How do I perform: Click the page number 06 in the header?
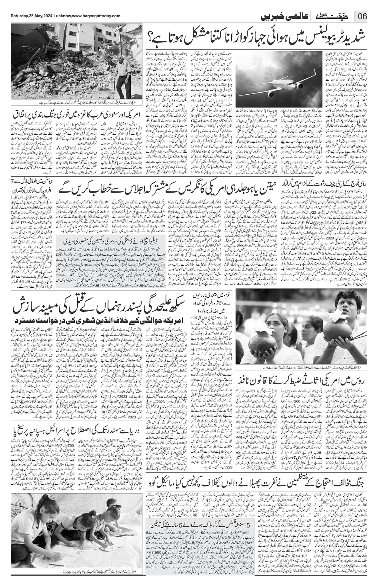362,16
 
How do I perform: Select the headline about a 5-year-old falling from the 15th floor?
200,524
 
